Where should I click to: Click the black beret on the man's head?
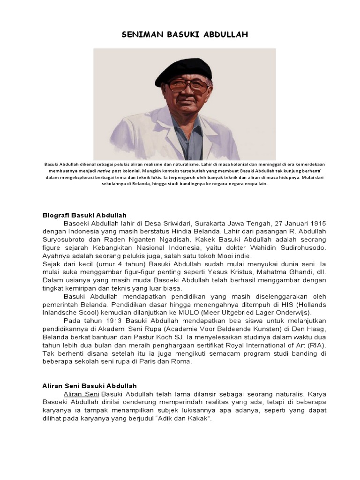[x=183, y=69]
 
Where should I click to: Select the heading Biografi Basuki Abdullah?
[x=84, y=215]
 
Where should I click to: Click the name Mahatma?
[x=262, y=272]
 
